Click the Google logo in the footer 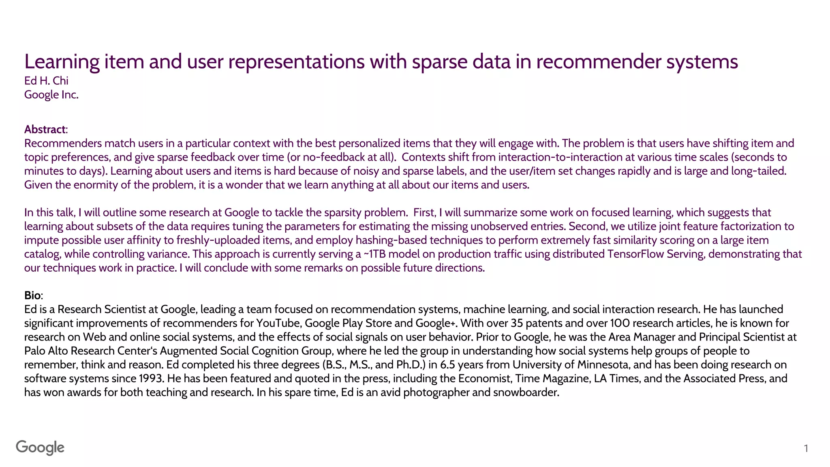pos(40,448)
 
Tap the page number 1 pos(806,448)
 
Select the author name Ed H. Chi pos(46,81)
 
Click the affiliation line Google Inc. pos(51,94)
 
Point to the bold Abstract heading pos(45,129)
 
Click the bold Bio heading pos(32,295)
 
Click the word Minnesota pos(603,364)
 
